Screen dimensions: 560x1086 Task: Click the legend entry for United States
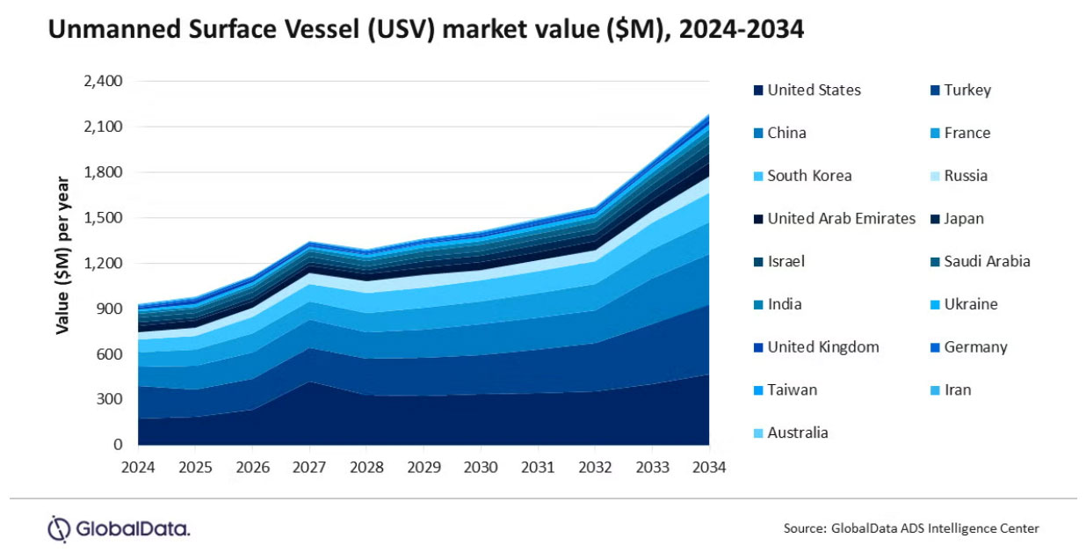click(x=814, y=90)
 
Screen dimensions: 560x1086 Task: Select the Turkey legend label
click(x=967, y=90)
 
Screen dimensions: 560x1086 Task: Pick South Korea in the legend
click(x=809, y=176)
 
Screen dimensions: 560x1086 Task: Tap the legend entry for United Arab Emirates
click(x=841, y=219)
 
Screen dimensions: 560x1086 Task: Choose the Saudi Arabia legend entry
click(x=987, y=261)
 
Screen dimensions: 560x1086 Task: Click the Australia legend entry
click(x=798, y=433)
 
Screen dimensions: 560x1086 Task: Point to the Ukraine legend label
click(x=971, y=304)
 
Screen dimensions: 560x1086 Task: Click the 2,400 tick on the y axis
click(x=102, y=82)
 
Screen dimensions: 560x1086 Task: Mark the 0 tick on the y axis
click(x=117, y=446)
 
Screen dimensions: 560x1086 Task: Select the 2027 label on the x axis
click(x=309, y=467)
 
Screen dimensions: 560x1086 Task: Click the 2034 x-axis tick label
click(x=709, y=467)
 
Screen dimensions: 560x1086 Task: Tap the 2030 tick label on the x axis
click(x=481, y=467)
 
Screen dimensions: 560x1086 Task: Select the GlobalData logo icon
click(x=59, y=529)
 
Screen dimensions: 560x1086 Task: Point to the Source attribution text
click(x=911, y=528)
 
